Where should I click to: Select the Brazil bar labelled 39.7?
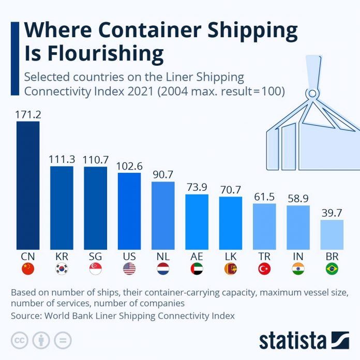(332, 234)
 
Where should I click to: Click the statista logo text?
(293, 341)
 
